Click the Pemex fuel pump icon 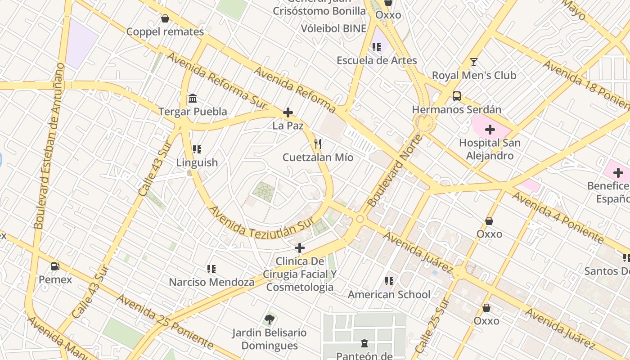click(55, 266)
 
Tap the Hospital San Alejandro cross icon click(490, 130)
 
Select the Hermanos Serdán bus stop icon click(456, 96)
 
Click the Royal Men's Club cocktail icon click(473, 62)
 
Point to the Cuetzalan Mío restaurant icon click(318, 144)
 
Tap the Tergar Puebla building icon click(193, 98)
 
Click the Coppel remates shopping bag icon click(165, 18)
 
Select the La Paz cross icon click(288, 112)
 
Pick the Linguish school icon click(197, 149)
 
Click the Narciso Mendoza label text click(211, 282)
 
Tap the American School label click(389, 295)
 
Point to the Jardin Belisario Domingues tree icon click(270, 319)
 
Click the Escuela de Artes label click(377, 60)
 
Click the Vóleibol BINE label click(333, 28)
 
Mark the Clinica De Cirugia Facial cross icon click(299, 248)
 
